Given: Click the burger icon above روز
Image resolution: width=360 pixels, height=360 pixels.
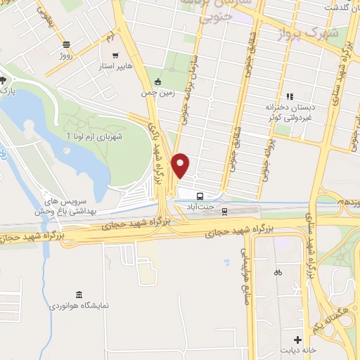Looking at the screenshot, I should coord(65,44).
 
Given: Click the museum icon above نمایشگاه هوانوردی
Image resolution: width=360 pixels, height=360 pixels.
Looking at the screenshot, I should coord(78,294).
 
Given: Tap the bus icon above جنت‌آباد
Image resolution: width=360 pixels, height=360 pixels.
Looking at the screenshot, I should coord(200,196).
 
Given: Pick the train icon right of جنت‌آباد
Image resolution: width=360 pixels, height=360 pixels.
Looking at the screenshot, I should coord(225,210).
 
